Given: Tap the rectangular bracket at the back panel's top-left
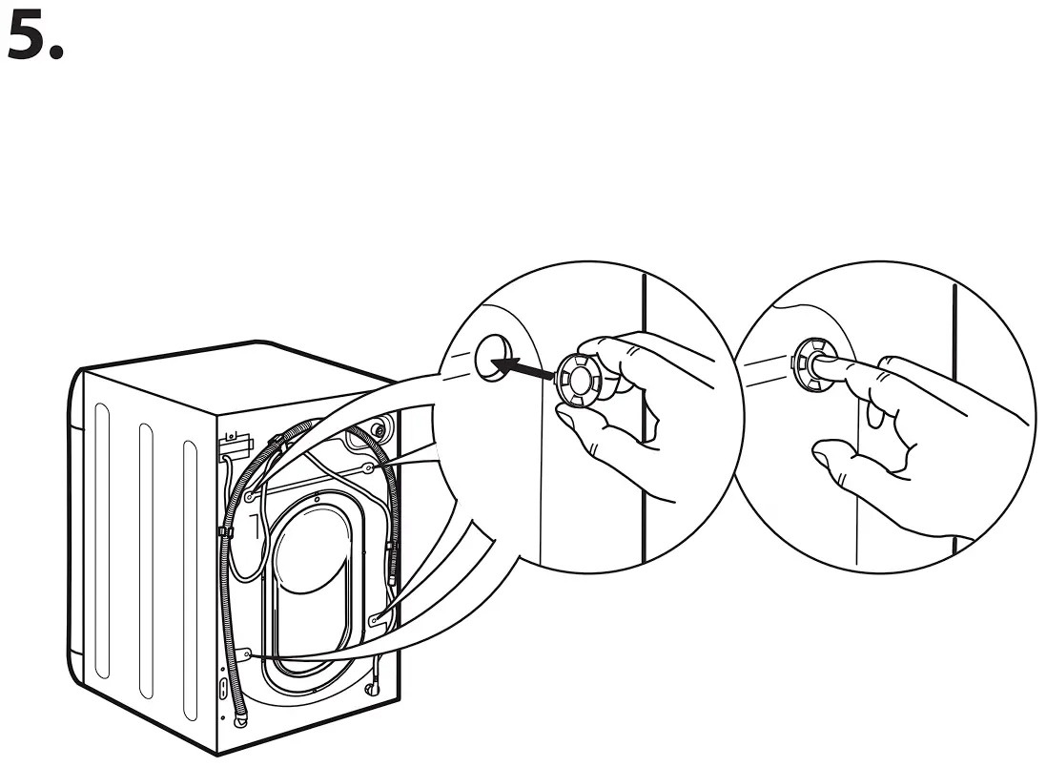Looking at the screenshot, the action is tap(235, 443).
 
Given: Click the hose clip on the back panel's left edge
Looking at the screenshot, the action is tap(221, 530).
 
